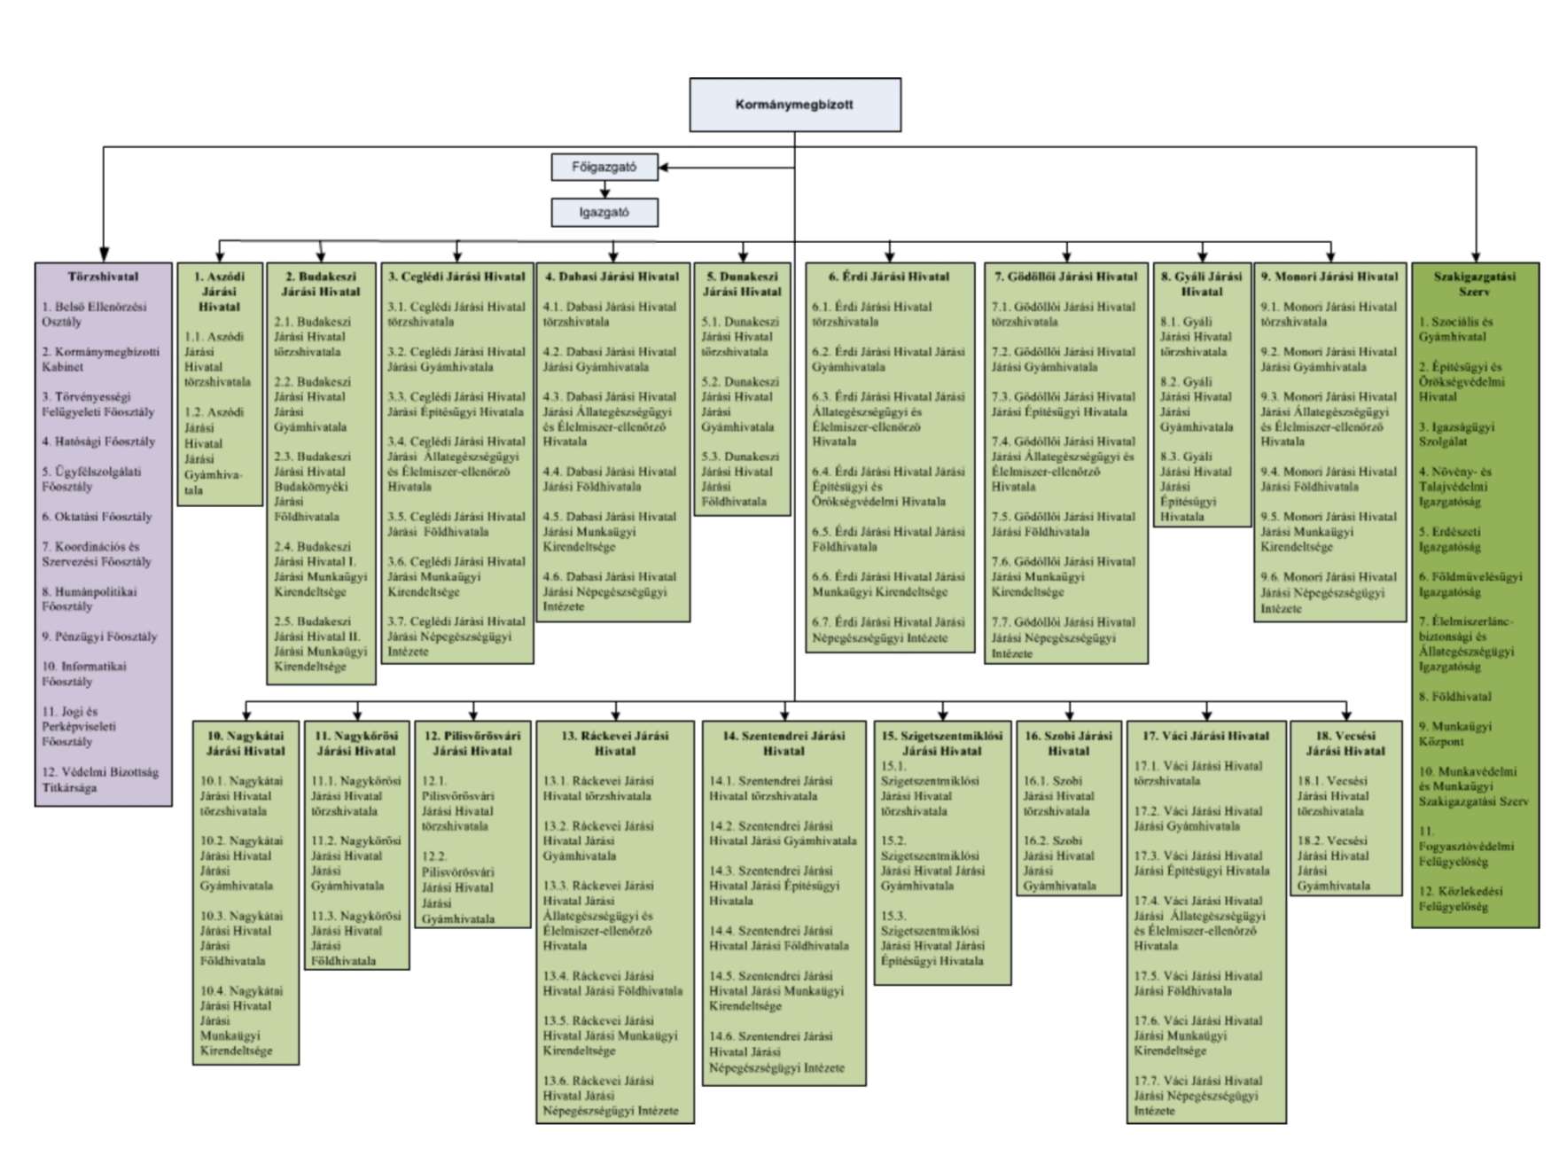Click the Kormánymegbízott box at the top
click(x=794, y=105)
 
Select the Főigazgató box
click(x=604, y=167)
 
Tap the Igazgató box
click(x=604, y=213)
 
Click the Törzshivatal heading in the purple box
click(x=103, y=277)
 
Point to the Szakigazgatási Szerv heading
click(x=1474, y=284)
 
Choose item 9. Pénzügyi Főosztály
click(x=99, y=637)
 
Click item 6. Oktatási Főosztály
click(x=97, y=516)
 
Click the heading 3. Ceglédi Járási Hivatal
click(x=456, y=277)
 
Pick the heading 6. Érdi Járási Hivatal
click(x=889, y=277)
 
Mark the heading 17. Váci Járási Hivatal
click(x=1205, y=736)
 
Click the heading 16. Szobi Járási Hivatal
click(x=1068, y=743)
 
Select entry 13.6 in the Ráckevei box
click(x=611, y=1095)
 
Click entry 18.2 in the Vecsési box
click(x=1333, y=863)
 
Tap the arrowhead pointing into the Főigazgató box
click(x=664, y=167)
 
